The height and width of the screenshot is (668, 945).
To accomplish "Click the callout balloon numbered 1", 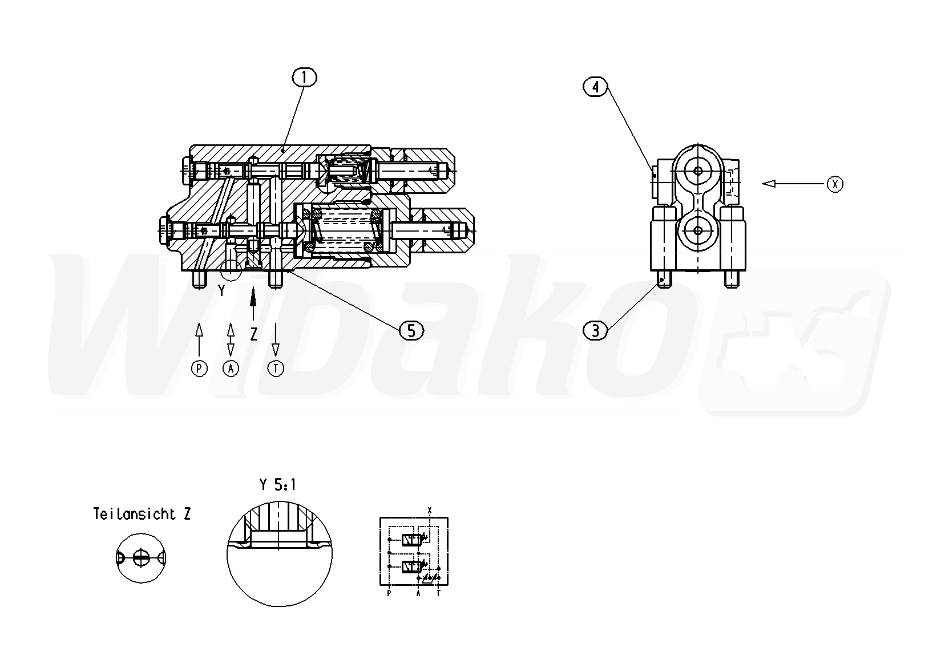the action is [304, 78].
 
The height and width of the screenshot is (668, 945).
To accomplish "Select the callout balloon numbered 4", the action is [595, 87].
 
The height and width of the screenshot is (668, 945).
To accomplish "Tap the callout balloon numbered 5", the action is [411, 331].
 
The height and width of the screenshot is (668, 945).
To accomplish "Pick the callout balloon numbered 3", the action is [595, 331].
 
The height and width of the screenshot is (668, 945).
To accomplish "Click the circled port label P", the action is [199, 369].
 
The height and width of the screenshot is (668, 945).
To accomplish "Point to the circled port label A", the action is [231, 369].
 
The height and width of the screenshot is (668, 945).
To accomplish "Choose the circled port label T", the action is [276, 369].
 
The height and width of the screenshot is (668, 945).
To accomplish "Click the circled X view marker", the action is [835, 184].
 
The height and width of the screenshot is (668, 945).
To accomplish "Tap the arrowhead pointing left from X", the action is [769, 184].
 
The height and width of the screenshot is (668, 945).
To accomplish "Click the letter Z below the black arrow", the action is [253, 334].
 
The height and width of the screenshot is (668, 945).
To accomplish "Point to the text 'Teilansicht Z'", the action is [142, 514].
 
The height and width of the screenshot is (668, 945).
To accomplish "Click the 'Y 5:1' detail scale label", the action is [277, 485].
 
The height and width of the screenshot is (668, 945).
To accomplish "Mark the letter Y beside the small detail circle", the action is [222, 290].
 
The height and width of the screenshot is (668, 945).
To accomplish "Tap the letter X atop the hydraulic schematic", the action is [430, 511].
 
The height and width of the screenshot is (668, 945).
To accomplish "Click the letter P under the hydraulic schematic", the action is [389, 593].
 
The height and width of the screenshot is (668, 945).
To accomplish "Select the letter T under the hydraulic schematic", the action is [438, 593].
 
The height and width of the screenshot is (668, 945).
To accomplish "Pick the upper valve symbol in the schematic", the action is [413, 540].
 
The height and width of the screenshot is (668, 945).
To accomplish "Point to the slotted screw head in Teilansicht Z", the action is [141, 558].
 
